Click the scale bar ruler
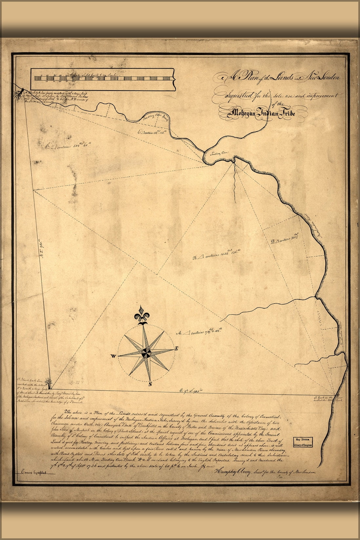click(102, 78)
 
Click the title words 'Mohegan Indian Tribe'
click(263, 114)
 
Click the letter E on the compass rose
click(176, 348)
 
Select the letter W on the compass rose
click(112, 356)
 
